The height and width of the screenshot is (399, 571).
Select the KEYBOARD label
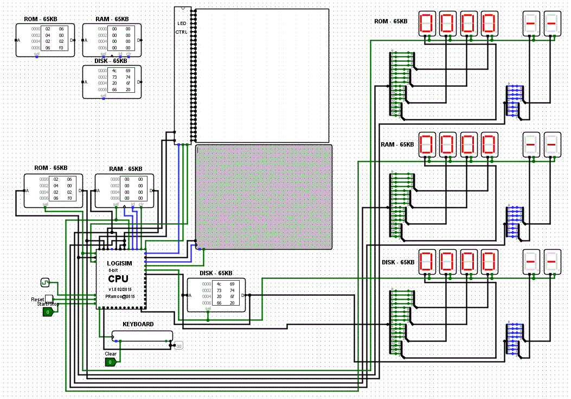tap(138, 324)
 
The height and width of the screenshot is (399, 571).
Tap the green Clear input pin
tap(111, 362)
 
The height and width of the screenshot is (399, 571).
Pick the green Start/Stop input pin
tap(48, 312)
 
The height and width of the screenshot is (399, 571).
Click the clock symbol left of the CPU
tap(45, 282)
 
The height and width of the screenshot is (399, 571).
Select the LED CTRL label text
tap(182, 28)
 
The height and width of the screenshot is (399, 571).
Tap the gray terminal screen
tap(264, 197)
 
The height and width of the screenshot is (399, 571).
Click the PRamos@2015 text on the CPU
tap(120, 297)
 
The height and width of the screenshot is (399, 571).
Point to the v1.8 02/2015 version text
tap(120, 289)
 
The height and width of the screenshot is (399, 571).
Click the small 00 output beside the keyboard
tap(178, 345)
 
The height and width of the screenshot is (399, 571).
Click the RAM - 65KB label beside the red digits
tap(397, 144)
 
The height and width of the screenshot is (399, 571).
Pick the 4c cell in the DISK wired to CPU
tap(219, 284)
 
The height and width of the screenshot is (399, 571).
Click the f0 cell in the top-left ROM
tap(61, 48)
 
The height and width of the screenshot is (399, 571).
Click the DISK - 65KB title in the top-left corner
tap(111, 61)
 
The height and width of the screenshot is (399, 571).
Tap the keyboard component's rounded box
tap(142, 336)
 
